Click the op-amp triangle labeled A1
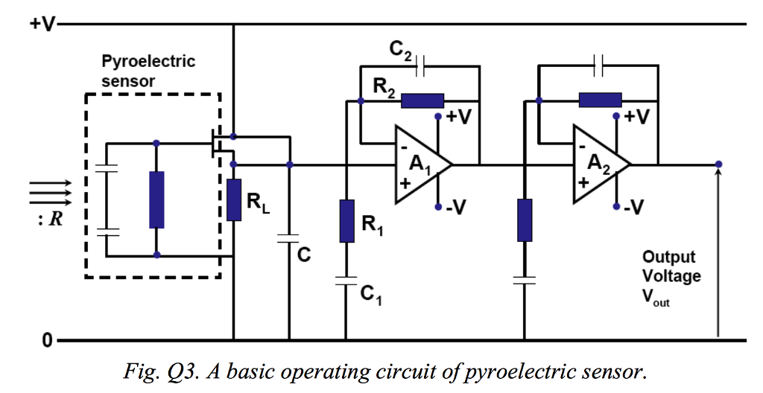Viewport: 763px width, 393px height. (x=419, y=164)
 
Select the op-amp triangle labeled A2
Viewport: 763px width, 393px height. (x=597, y=164)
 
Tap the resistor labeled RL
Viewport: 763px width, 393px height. (x=234, y=199)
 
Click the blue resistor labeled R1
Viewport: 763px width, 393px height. (x=346, y=221)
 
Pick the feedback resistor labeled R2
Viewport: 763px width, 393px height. (x=422, y=101)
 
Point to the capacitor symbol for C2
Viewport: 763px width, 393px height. (x=422, y=65)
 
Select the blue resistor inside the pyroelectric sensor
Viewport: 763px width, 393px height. (x=156, y=199)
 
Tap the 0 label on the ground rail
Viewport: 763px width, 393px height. (x=47, y=341)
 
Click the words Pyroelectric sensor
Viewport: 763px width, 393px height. (x=148, y=71)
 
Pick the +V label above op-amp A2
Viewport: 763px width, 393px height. (x=636, y=117)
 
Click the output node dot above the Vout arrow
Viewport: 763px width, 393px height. (x=718, y=164)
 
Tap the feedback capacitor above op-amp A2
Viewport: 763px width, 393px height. (x=598, y=65)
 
